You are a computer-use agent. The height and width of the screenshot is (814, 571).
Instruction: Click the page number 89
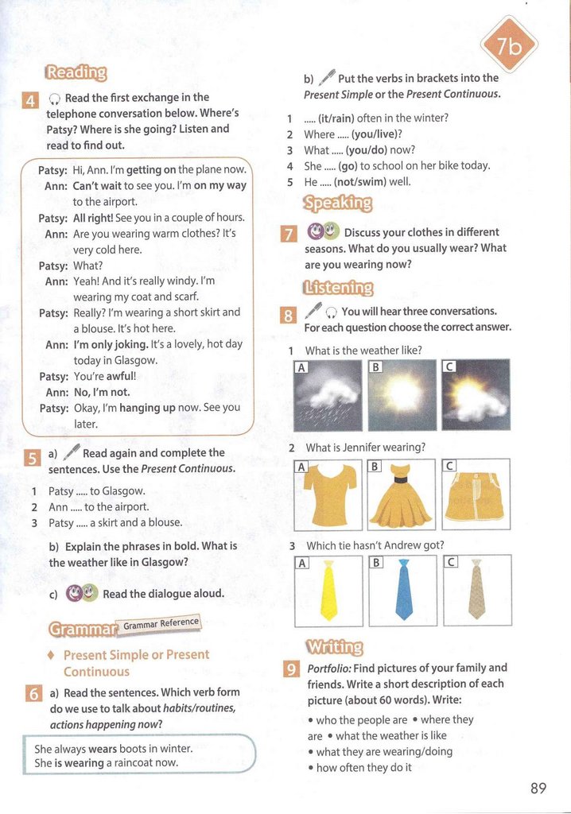click(538, 788)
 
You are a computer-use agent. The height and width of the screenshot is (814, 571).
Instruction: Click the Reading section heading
click(76, 72)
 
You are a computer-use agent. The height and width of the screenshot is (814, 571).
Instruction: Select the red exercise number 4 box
click(30, 101)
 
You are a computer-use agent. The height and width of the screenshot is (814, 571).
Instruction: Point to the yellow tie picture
click(328, 591)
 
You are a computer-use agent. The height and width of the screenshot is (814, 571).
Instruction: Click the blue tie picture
click(404, 590)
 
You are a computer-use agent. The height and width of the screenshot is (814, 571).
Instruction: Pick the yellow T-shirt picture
click(328, 494)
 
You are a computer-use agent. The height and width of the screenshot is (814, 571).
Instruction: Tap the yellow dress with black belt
click(402, 494)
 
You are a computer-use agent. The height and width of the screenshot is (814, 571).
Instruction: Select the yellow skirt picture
click(476, 494)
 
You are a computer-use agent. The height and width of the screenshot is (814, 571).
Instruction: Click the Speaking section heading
click(337, 203)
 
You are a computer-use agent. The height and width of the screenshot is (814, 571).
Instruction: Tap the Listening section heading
click(338, 287)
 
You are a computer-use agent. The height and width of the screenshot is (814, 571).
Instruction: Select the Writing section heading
click(334, 646)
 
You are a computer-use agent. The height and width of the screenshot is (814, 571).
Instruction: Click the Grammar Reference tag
click(161, 624)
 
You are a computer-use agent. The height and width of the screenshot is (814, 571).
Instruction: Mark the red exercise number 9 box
click(291, 670)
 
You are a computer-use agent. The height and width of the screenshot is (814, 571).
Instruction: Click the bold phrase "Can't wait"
click(96, 186)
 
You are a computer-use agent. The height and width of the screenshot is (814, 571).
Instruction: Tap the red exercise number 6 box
click(33, 694)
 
